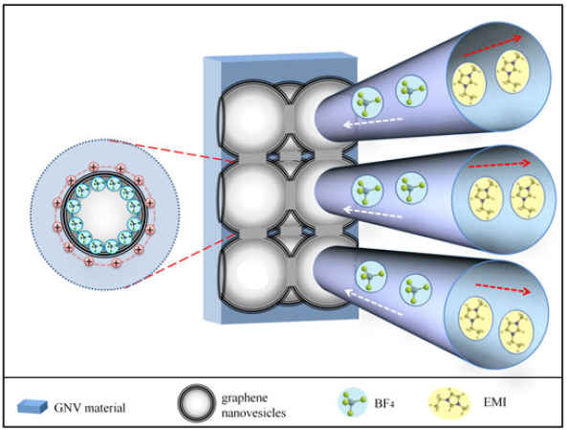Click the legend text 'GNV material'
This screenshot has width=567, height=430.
pyautogui.click(x=90, y=408)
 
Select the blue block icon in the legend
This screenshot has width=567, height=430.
pyautogui.click(x=33, y=407)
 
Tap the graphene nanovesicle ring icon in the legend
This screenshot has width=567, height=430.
pyautogui.click(x=196, y=403)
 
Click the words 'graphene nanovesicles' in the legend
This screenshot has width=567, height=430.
pyautogui.click(x=253, y=405)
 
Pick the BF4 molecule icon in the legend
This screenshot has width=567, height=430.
pyautogui.click(x=353, y=402)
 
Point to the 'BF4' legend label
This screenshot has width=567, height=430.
pyautogui.click(x=384, y=403)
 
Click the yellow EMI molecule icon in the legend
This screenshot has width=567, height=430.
pyautogui.click(x=449, y=403)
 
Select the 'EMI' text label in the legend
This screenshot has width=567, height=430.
pyautogui.click(x=494, y=402)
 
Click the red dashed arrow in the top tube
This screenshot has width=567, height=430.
pyautogui.click(x=492, y=46)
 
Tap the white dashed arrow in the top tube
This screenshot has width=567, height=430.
pyautogui.click(x=373, y=123)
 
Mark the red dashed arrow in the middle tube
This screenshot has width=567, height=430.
pyautogui.click(x=499, y=165)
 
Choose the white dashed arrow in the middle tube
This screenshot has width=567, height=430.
pyautogui.click(x=373, y=213)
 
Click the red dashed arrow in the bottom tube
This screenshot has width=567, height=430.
pyautogui.click(x=503, y=288)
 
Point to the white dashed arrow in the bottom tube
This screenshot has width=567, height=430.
pyautogui.click(x=373, y=302)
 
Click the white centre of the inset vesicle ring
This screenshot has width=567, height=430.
pyautogui.click(x=105, y=215)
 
